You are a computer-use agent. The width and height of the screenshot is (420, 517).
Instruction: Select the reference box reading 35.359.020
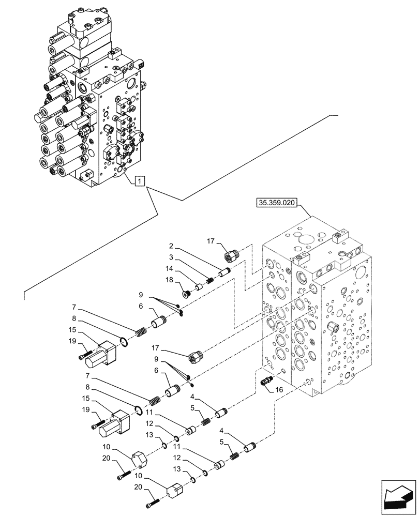click(276, 203)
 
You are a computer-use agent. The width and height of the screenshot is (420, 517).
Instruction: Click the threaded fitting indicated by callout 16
click(267, 382)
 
